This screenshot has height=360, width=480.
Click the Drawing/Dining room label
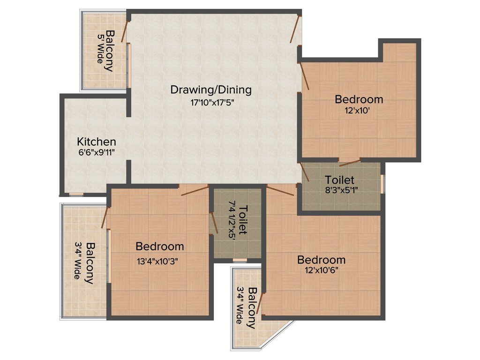[x=210, y=89]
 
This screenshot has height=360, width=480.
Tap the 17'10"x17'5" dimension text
[x=210, y=103]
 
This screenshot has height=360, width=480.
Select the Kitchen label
[x=97, y=141]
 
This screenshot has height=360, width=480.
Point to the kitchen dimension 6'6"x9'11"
[x=97, y=152]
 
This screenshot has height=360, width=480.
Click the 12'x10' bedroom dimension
[x=359, y=112]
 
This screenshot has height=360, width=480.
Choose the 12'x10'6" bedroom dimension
[x=321, y=271]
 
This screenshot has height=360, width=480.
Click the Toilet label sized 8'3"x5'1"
[x=340, y=180]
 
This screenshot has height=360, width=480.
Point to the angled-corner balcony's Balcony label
[x=252, y=307]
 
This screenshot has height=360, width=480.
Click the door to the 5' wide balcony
[x=125, y=31]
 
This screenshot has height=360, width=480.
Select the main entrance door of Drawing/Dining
[x=295, y=30]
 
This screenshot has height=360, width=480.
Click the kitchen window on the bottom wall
[x=76, y=194]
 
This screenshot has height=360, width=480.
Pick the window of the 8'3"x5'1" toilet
[x=382, y=183]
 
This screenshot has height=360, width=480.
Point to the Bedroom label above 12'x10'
[x=359, y=99]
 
